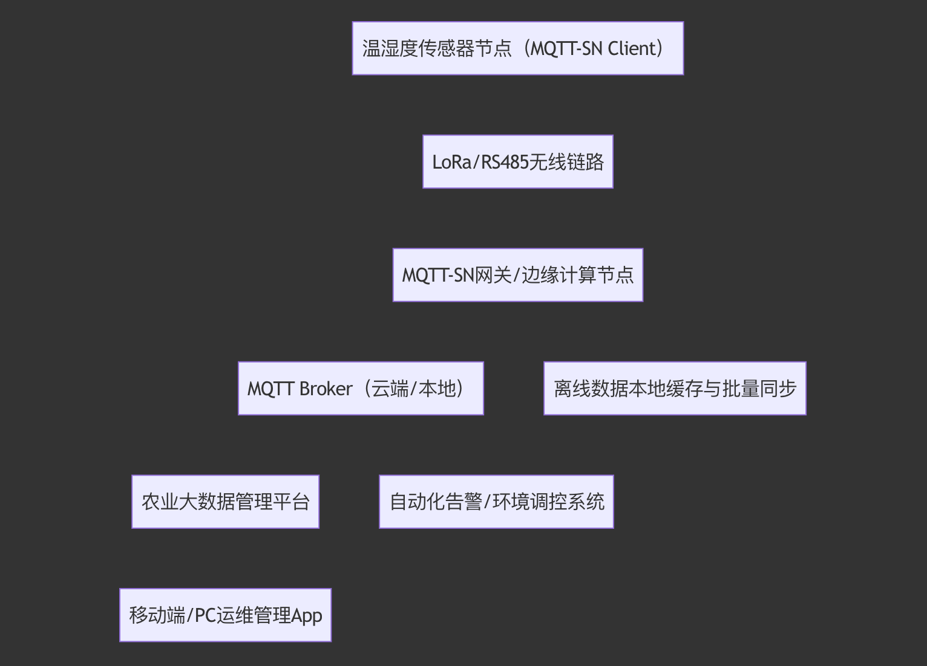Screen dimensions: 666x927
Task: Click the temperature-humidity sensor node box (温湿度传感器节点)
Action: click(x=517, y=48)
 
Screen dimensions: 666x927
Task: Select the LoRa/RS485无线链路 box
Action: click(x=517, y=162)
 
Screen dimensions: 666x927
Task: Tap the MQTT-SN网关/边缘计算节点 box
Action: click(x=517, y=275)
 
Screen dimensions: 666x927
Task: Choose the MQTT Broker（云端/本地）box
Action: click(x=361, y=389)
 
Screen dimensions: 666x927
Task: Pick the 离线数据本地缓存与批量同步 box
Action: click(x=675, y=389)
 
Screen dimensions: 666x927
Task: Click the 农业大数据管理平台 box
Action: click(x=225, y=502)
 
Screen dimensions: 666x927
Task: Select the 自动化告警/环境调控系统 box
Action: click(x=496, y=502)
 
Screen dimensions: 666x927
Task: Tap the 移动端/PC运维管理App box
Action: click(x=225, y=615)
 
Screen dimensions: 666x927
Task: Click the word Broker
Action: click(x=326, y=389)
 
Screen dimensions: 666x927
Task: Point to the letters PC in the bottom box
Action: click(x=205, y=615)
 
